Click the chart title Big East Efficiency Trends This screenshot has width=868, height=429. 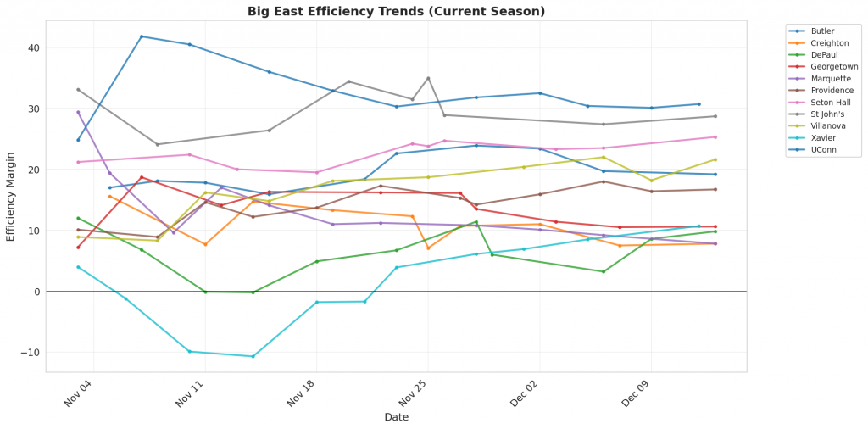point(396,11)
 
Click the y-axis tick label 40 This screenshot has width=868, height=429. point(34,47)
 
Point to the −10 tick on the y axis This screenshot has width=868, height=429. point(31,353)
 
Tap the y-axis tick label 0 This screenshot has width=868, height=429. point(36,292)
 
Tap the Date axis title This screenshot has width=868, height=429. point(396,417)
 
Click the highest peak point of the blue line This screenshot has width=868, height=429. point(142,36)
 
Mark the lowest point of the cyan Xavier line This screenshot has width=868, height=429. point(253,356)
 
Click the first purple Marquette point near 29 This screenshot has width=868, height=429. point(78,112)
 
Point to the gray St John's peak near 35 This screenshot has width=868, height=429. point(428,78)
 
